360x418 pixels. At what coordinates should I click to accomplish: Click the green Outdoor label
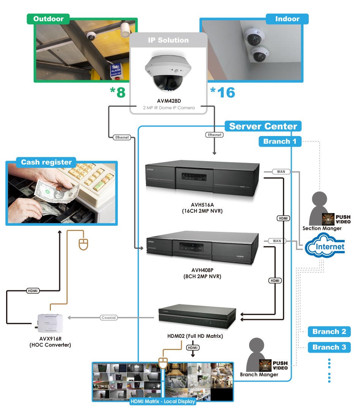(48, 19)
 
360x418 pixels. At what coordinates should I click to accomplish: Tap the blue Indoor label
(287, 19)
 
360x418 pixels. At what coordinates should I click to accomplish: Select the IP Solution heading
(168, 40)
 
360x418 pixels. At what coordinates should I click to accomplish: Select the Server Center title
(263, 126)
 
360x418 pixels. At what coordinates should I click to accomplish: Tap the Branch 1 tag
(280, 142)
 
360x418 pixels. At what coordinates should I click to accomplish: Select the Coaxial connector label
(109, 317)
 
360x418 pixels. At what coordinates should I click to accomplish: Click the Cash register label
(46, 162)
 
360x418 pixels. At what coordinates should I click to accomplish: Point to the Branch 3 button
(329, 347)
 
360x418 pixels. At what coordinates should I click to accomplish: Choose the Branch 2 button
(329, 331)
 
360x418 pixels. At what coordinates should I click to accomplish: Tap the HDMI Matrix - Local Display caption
(163, 401)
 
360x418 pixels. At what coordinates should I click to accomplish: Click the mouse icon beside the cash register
(83, 244)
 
